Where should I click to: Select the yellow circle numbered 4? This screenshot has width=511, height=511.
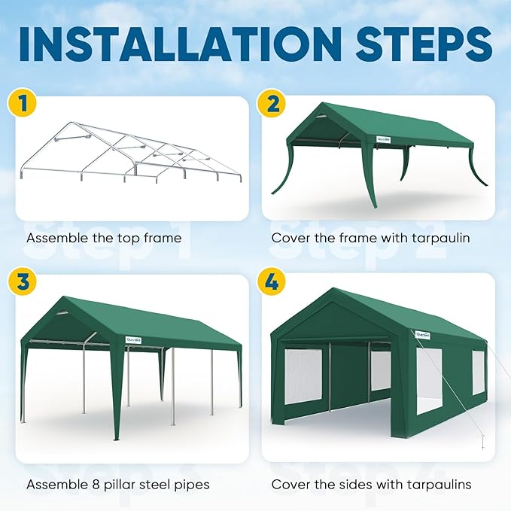(x=272, y=283)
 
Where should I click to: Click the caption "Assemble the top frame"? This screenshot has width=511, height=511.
(x=104, y=239)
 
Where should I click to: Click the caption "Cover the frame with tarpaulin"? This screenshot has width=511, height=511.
(x=370, y=239)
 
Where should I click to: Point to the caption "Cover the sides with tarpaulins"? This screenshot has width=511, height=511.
(x=372, y=485)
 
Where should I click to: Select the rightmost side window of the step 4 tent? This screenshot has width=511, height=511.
(x=478, y=372)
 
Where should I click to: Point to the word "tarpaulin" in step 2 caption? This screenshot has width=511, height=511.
(x=440, y=239)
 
